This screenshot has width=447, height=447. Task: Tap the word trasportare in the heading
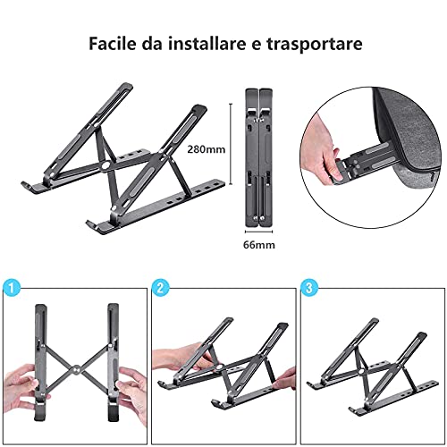point(315,44)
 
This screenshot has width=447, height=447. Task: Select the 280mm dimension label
point(207,149)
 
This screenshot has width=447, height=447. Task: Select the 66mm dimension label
point(259,245)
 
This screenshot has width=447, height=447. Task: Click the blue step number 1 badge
point(12,288)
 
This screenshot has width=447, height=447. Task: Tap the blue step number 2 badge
point(160,288)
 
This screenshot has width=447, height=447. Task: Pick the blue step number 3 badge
point(309,288)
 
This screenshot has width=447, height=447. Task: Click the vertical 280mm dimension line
point(231,144)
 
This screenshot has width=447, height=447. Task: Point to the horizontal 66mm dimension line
point(258,232)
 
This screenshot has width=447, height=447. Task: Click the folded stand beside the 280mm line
point(258,157)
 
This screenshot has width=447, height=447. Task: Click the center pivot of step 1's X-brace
point(77,369)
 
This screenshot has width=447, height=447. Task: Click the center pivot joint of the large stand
point(105,165)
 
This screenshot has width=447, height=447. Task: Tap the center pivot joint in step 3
point(361,372)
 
